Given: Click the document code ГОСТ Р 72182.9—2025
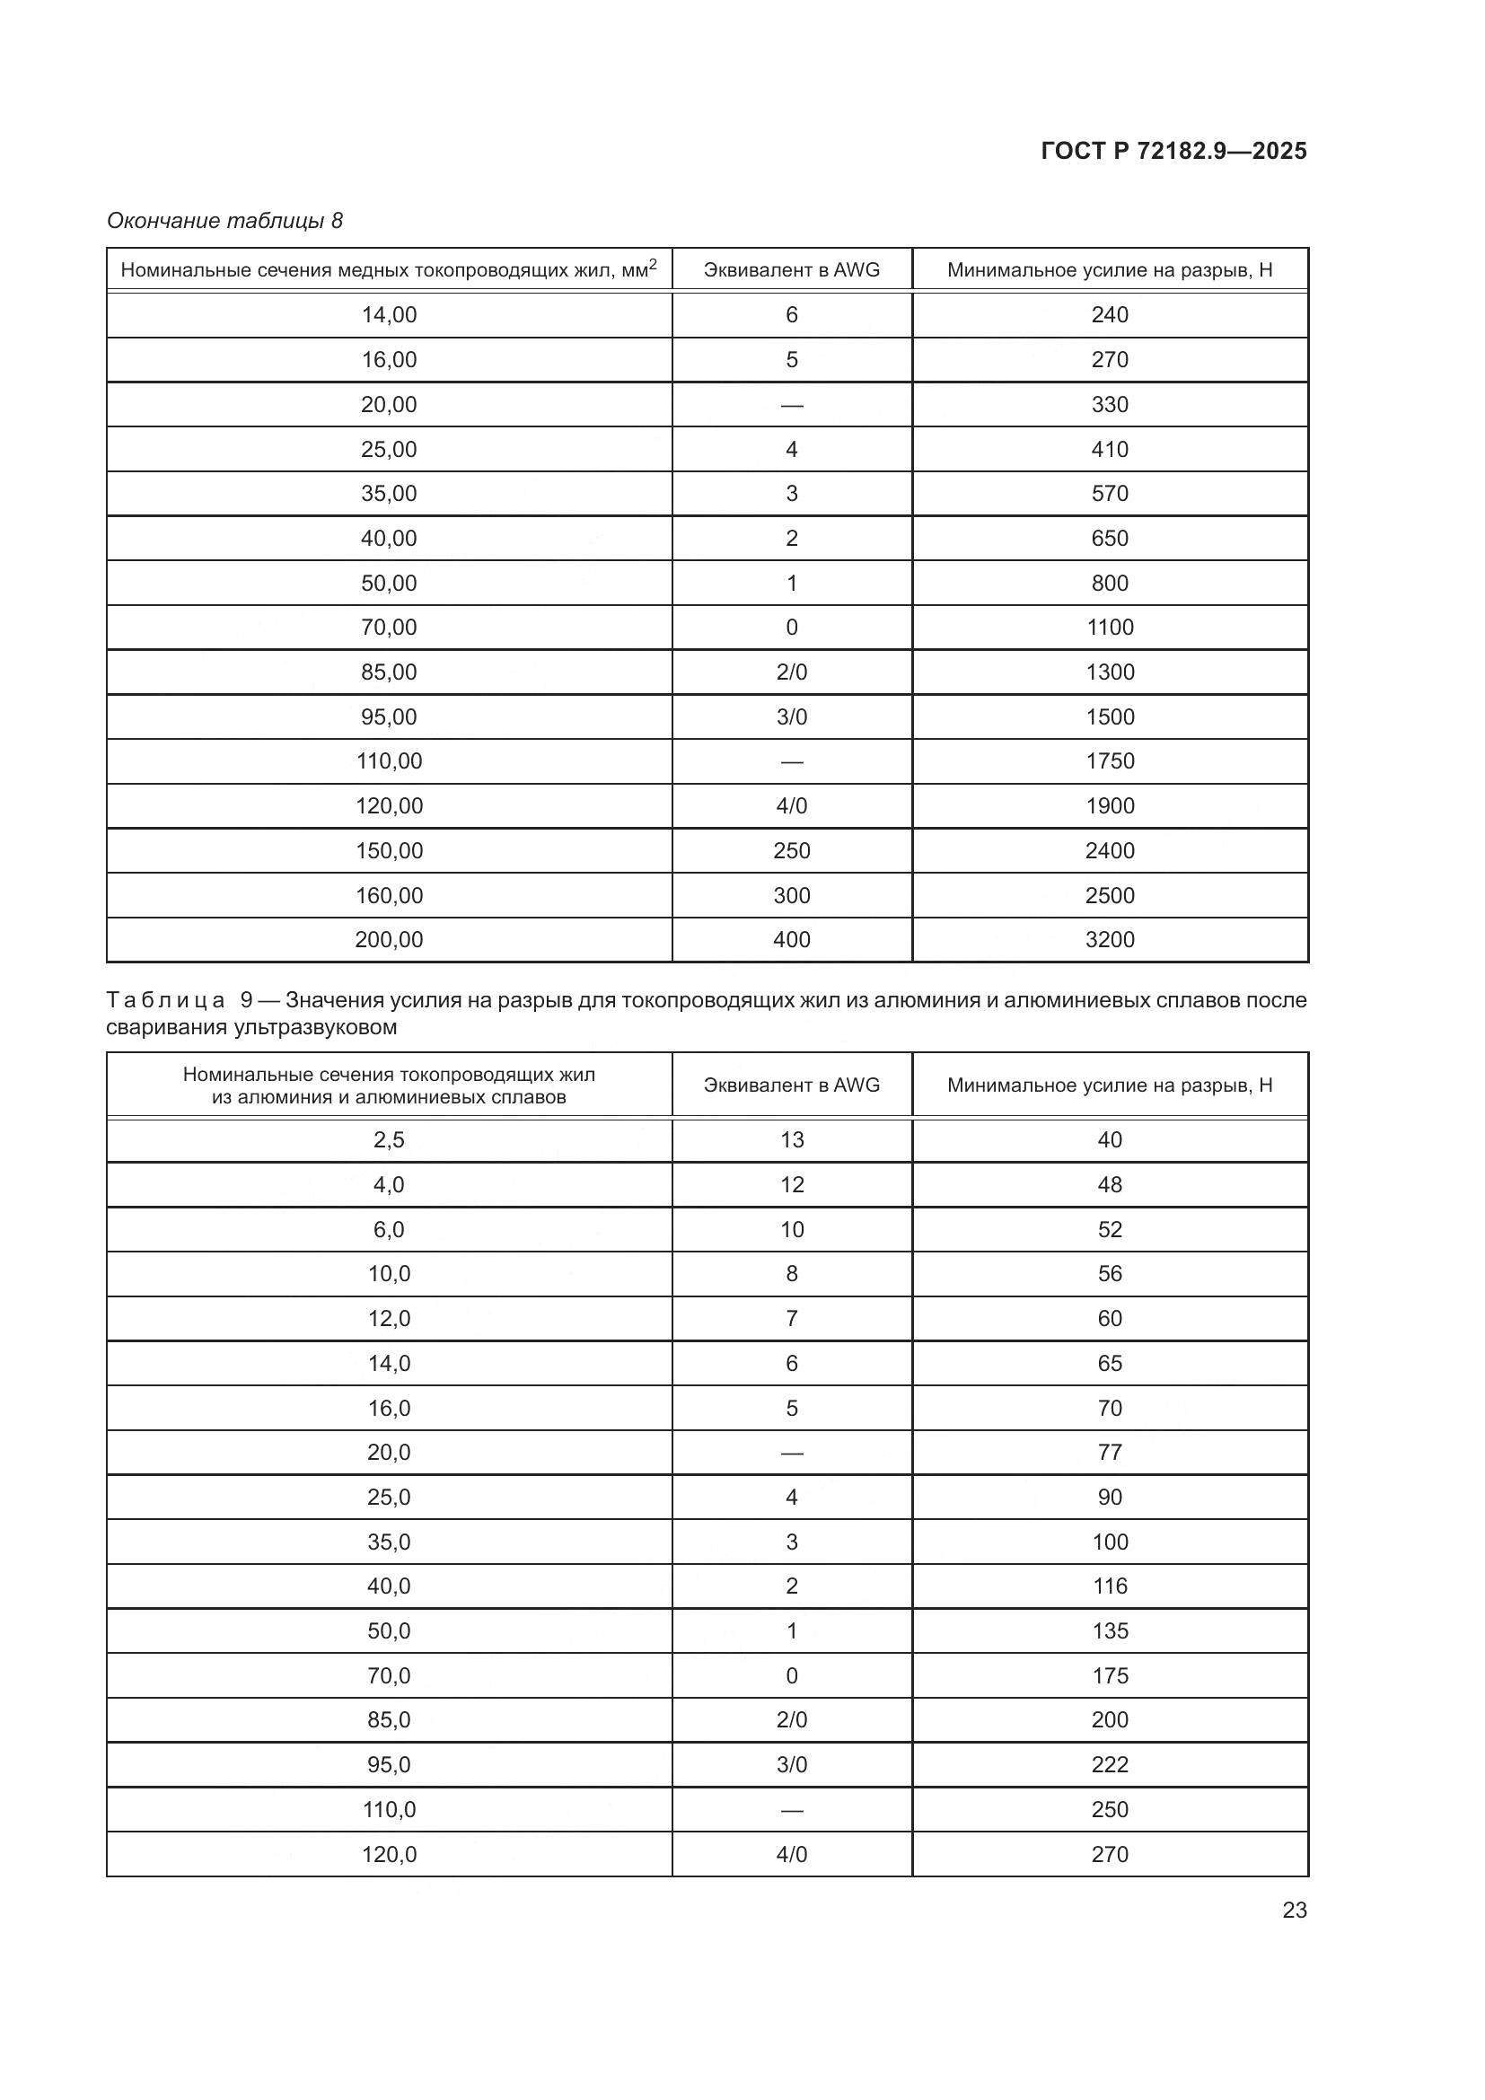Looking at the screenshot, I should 1174,151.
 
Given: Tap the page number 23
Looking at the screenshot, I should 1294,1910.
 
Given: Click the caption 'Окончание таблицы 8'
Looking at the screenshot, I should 225,221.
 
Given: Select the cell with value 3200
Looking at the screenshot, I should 1109,939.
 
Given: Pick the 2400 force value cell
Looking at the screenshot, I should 1109,850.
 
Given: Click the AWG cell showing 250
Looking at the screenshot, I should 791,850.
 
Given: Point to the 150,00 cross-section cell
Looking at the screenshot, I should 389,850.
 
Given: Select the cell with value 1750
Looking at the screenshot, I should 1109,761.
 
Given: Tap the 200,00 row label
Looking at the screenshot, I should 389,939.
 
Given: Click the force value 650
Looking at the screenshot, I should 1109,538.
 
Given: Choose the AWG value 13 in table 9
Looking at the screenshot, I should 791,1139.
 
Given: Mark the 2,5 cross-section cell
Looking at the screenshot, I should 389,1139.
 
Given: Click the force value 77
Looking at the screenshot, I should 1109,1453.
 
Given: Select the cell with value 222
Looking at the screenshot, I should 1109,1764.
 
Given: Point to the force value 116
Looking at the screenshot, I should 1109,1586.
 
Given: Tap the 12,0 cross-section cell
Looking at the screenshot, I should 389,1318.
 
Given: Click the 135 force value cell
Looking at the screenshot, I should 1109,1630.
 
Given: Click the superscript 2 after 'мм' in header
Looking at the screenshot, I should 652,263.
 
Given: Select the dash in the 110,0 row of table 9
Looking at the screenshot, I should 791,1809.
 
